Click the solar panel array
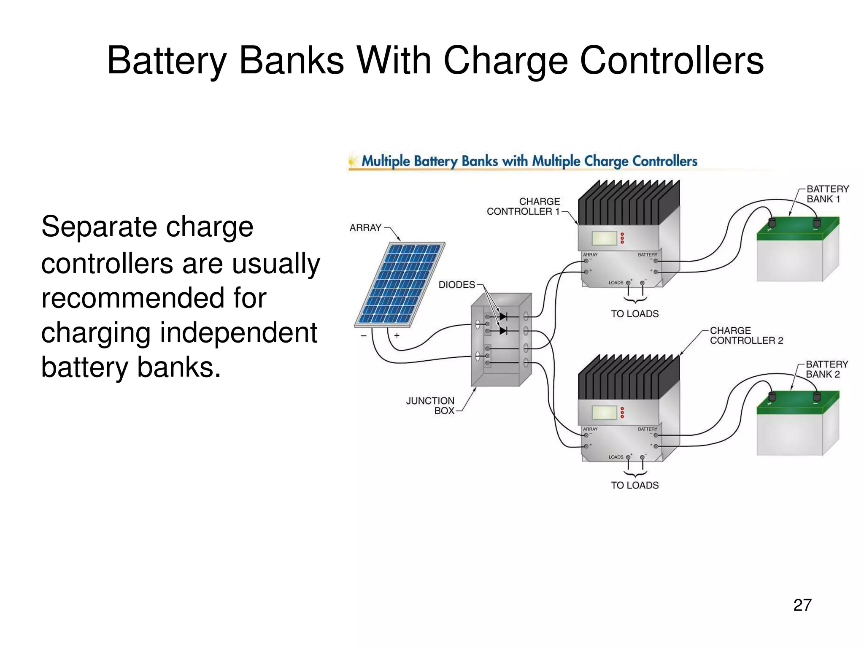point(400,284)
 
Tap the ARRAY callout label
point(365,228)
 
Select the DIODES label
point(456,285)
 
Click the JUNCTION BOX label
point(430,405)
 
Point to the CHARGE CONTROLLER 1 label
point(523,206)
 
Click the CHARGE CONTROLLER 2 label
point(746,335)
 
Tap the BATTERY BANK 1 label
point(827,194)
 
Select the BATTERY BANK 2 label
point(826,369)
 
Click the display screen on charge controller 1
point(604,238)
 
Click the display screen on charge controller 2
point(604,413)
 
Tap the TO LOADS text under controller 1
point(634,314)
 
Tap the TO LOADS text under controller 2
point(634,485)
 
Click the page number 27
point(802,605)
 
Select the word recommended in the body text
point(154,298)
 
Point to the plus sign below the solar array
point(397,335)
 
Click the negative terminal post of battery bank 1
point(816,222)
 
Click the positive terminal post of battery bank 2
point(772,396)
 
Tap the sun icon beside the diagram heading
point(353,161)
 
